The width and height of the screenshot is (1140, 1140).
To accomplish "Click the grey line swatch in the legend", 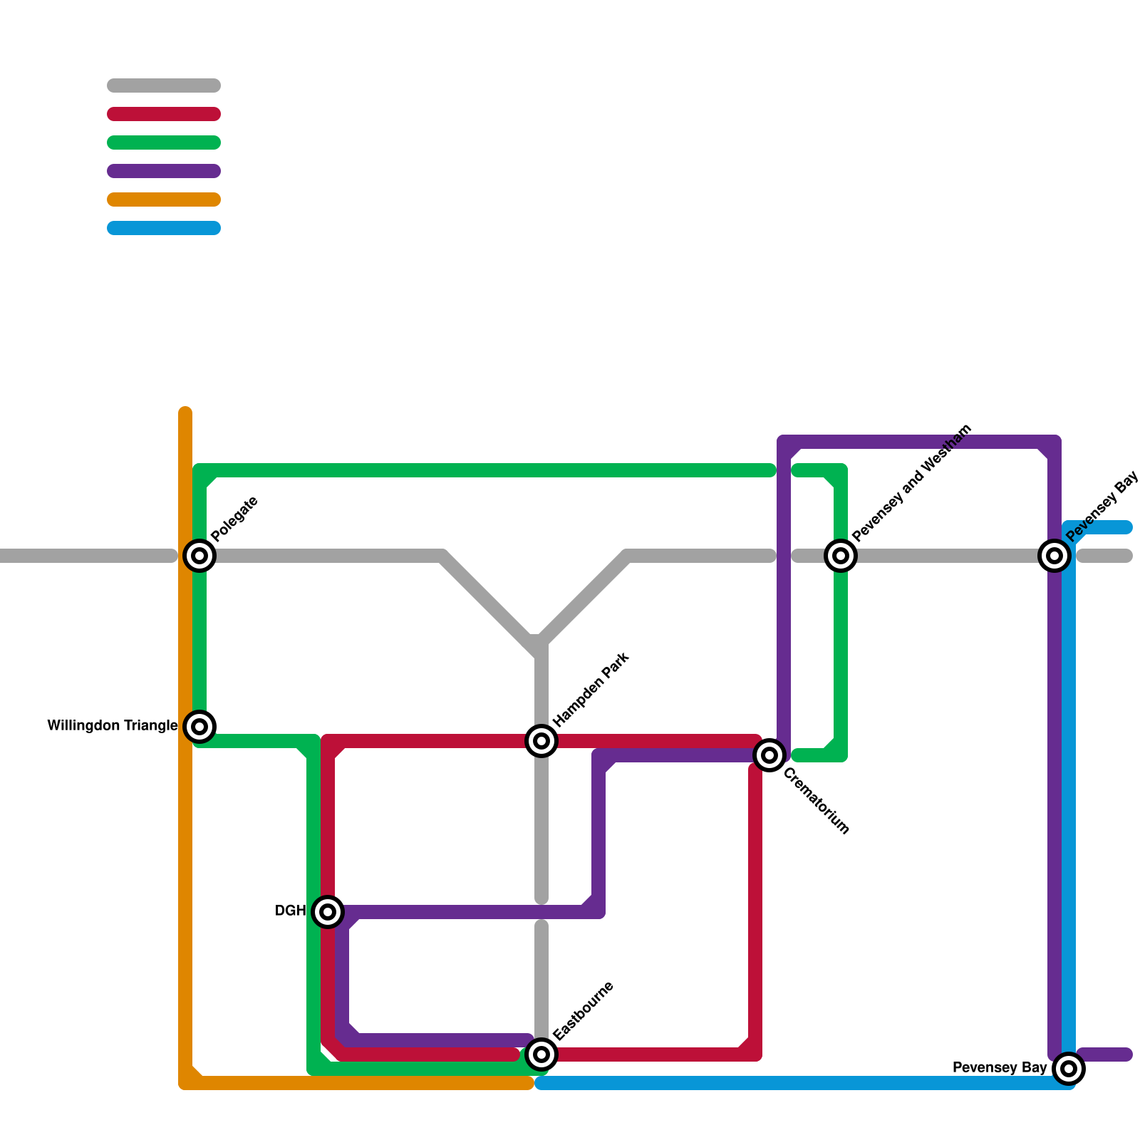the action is point(164,85).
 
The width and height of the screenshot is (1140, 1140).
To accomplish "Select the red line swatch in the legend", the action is point(164,114).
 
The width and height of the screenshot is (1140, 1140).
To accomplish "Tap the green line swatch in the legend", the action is point(164,142).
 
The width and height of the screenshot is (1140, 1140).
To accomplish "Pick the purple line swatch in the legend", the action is point(164,171).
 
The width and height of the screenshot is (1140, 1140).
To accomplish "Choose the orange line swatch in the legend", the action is point(164,199).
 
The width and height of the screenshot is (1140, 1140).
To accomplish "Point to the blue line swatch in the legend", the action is point(164,228).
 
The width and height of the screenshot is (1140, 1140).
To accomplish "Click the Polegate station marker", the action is point(199,555).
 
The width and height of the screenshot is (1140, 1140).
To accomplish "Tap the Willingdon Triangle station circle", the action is point(199,726).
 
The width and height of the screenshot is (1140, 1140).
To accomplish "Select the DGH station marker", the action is point(328,911).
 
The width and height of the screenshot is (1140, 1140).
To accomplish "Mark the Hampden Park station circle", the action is point(541,741).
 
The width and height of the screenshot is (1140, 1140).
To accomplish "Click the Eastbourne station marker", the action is point(541,1054).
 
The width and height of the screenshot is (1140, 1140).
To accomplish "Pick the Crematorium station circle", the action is point(769,755).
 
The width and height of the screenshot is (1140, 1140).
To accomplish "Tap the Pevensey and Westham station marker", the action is point(841,555).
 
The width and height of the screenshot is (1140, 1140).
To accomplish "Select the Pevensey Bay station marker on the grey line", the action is point(1054,555).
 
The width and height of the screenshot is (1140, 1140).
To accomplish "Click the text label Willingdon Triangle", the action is point(113,726).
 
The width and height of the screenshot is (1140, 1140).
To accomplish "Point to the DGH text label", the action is point(290,911).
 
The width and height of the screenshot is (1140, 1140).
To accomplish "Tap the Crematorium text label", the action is point(817,802).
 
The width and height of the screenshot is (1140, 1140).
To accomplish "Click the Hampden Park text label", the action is point(591,689).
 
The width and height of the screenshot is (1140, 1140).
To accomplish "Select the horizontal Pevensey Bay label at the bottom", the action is point(1000,1068).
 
